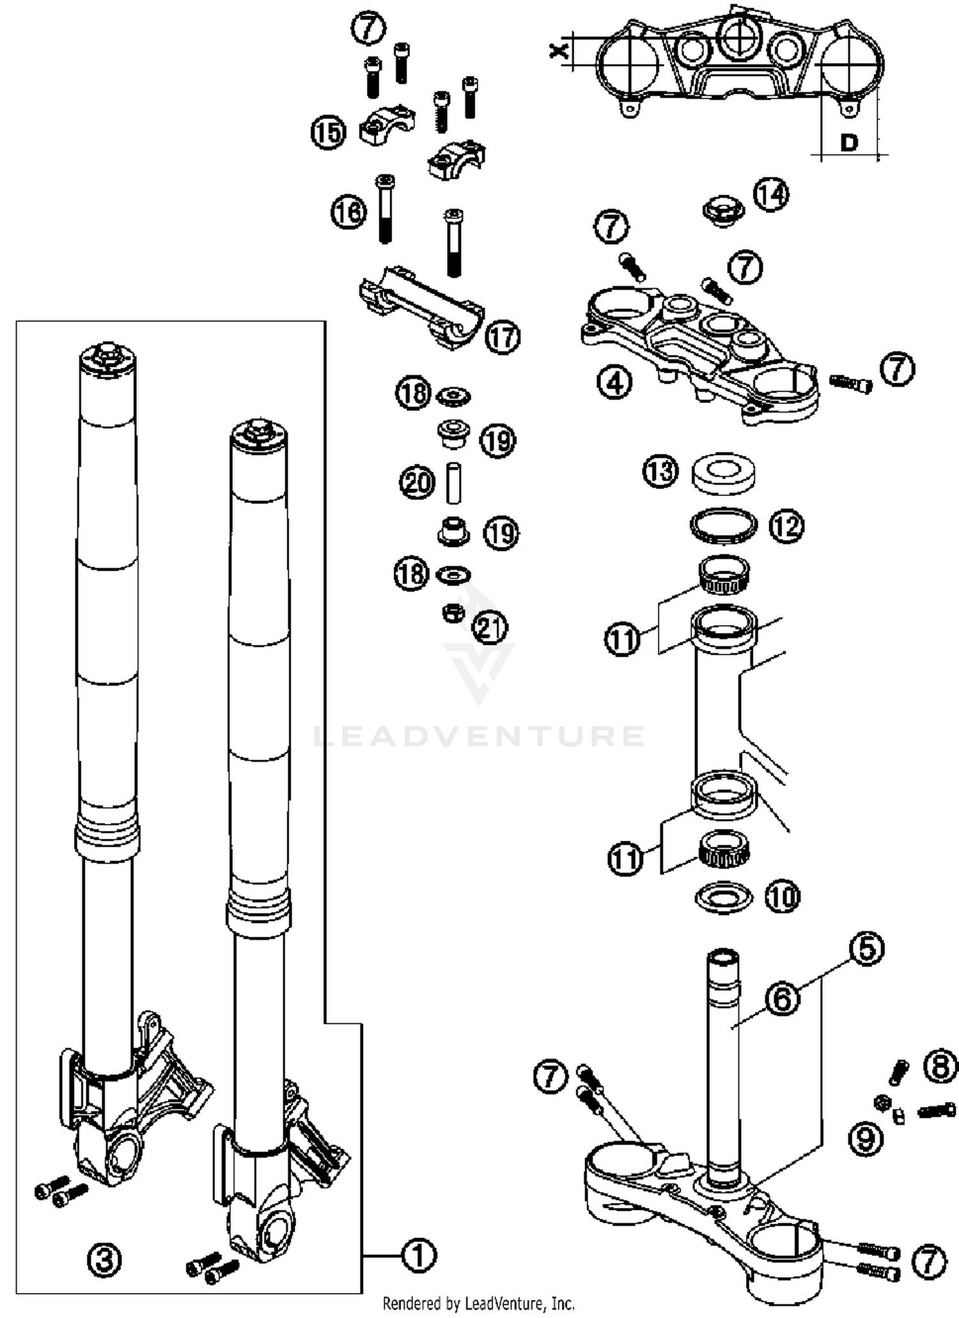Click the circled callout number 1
tap(419, 1256)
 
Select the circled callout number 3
tap(104, 1260)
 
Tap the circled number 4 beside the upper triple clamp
tap(614, 383)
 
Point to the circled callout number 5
tap(866, 949)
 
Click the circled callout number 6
tap(782, 998)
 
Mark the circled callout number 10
tap(783, 897)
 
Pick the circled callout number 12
tap(786, 526)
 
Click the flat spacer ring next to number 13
tap(723, 473)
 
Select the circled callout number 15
tap(329, 132)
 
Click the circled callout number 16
tap(349, 212)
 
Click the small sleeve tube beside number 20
tap(453, 483)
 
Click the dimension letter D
tap(848, 142)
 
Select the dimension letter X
tap(560, 50)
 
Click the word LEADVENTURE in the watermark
tap(479, 735)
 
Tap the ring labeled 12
tap(724, 525)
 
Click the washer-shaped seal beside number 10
tap(723, 897)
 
